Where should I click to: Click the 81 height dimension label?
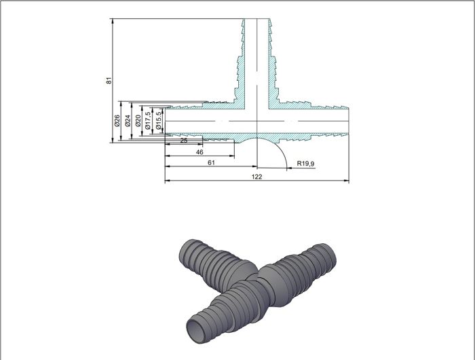tap(109, 80)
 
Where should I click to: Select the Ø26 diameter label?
tap(117, 121)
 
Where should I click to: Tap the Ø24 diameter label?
tap(128, 121)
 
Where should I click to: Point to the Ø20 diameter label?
tap(138, 121)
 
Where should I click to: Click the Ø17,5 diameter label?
tap(147, 121)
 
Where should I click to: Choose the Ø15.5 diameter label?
tap(158, 121)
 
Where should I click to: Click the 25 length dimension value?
tap(184, 141)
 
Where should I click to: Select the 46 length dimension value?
tap(199, 152)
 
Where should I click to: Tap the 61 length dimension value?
tap(211, 163)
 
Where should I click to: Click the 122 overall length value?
tap(256, 177)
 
